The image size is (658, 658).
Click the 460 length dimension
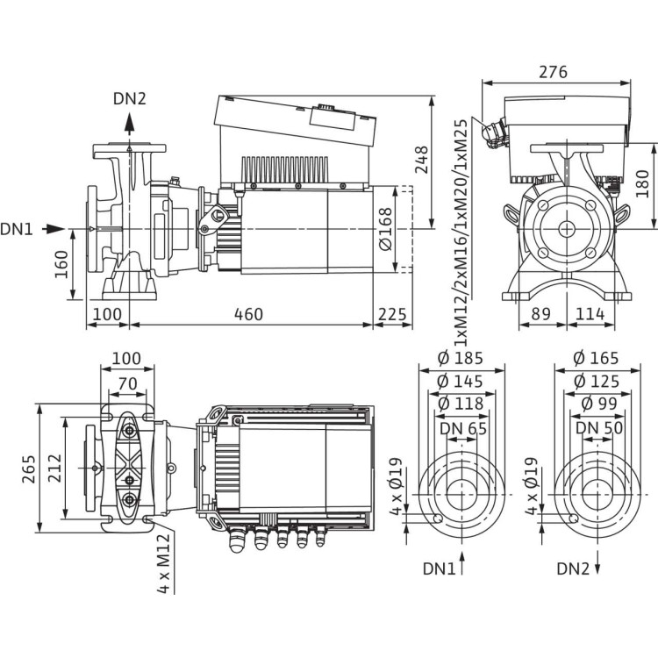click(251, 315)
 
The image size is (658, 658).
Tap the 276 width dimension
click(554, 71)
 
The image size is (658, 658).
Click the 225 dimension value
click(391, 315)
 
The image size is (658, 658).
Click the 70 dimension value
click(128, 383)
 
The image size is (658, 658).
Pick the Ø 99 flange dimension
click(596, 404)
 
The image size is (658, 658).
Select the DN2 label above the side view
click(129, 98)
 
